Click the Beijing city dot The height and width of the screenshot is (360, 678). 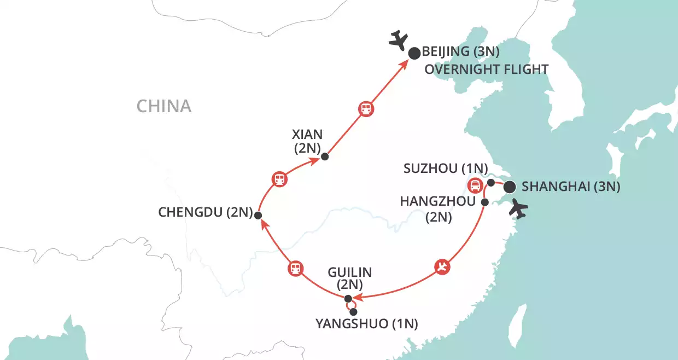point(414,53)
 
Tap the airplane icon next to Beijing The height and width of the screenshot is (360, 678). point(399,40)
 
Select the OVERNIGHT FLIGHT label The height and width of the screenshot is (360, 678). point(486,69)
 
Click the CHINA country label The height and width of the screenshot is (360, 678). point(164,106)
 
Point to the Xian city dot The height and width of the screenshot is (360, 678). point(325,156)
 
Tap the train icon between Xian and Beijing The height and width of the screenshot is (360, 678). point(366,108)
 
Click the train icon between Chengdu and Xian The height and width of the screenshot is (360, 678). point(279,178)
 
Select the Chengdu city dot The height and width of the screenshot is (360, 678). point(257,215)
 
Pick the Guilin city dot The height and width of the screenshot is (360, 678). point(348,298)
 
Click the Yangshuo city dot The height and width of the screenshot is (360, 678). point(353,311)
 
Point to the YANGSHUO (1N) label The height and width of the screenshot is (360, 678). point(366,324)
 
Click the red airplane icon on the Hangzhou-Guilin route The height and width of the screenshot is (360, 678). point(442,267)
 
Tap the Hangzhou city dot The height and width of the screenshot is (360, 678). point(484,202)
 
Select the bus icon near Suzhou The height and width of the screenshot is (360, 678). point(474,184)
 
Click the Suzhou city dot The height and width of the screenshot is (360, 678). point(491,182)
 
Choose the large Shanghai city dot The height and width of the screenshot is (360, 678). point(509,187)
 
